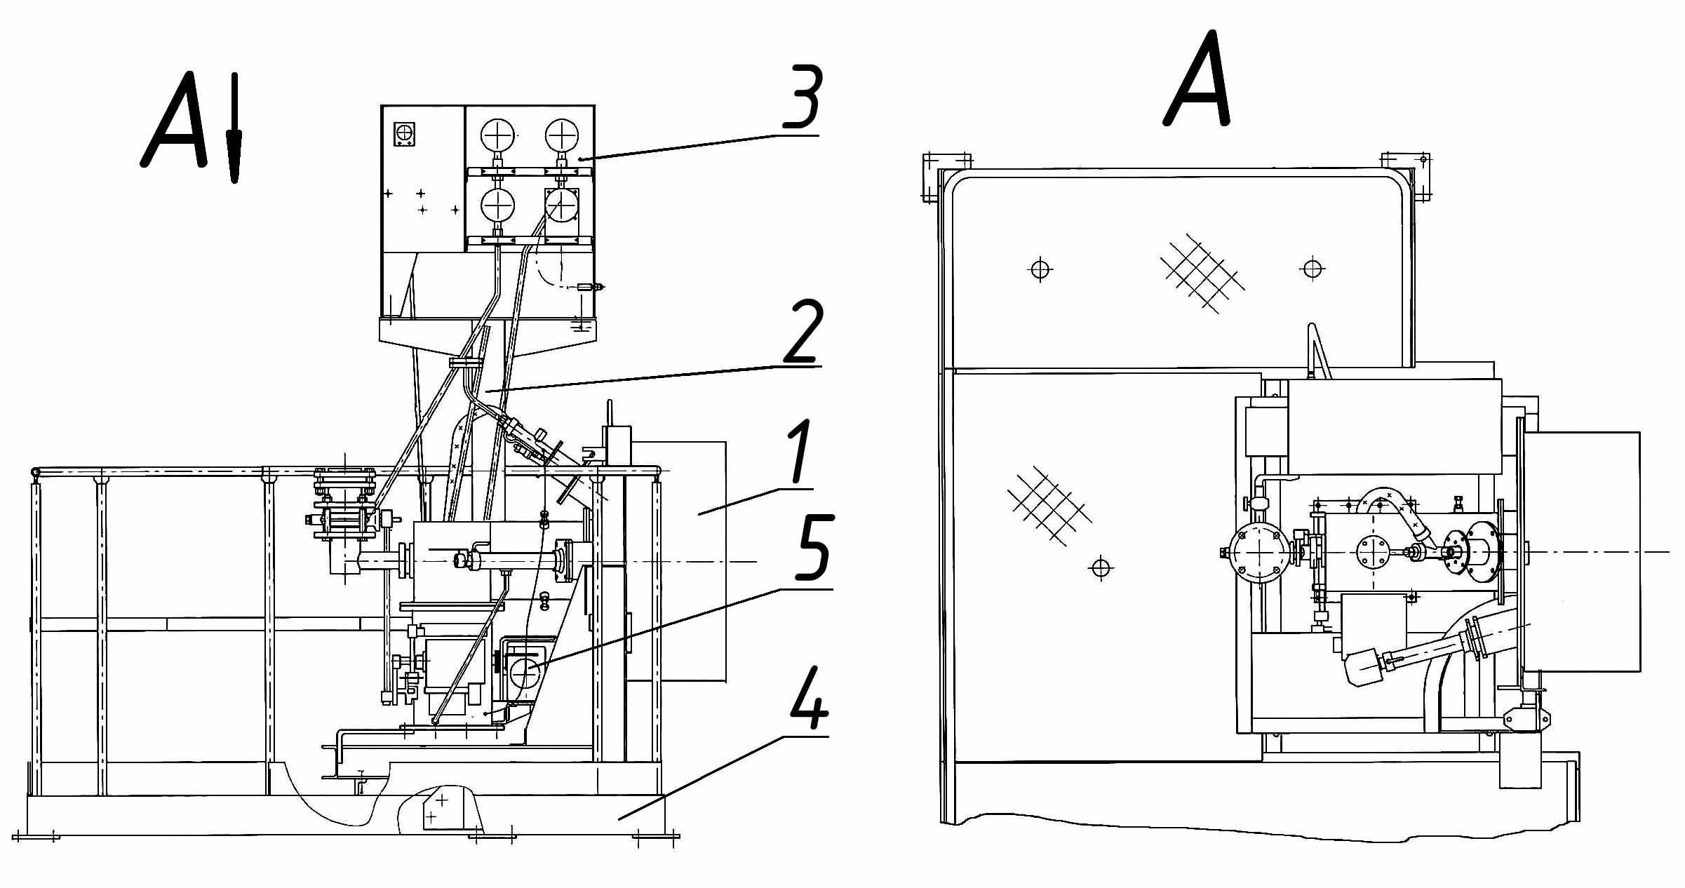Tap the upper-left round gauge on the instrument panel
click(498, 134)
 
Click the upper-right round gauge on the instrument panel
click(563, 134)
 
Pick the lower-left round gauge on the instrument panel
click(498, 206)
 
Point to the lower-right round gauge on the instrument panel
click(561, 206)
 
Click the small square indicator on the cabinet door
click(404, 134)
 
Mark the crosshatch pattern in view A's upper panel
click(1202, 272)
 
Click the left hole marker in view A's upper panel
click(1040, 269)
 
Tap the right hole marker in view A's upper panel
click(1313, 268)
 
